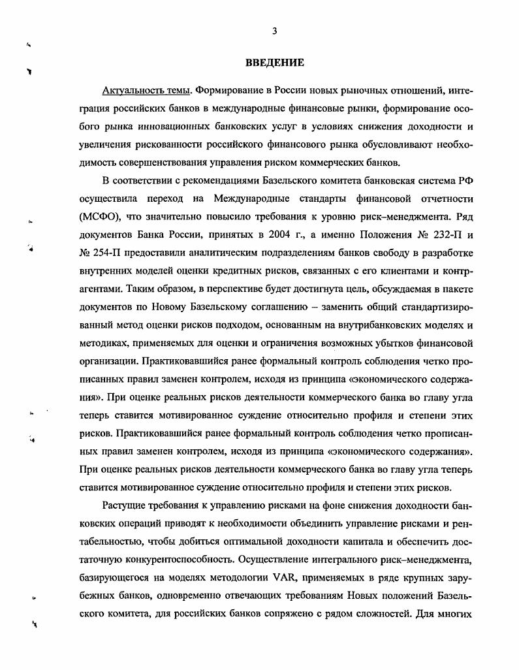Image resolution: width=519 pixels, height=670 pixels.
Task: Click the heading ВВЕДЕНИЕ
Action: click(275, 63)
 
